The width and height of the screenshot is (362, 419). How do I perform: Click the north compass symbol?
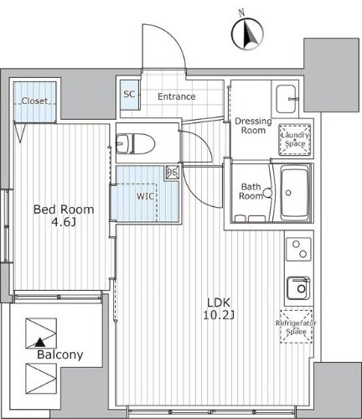coord(247,34)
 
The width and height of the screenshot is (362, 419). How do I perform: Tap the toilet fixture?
coord(136,143)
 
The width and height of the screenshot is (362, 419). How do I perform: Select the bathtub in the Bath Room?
coord(296,193)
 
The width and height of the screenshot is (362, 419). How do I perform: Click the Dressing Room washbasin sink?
coord(286,98)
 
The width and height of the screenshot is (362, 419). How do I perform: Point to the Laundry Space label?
coord(295,139)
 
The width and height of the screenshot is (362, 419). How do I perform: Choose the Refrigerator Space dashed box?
coord(296,327)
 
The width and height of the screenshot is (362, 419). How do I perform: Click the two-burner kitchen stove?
coord(298,249)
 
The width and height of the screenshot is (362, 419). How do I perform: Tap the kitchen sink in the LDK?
coord(298,288)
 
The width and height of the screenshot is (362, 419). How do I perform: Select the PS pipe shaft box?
coord(173,172)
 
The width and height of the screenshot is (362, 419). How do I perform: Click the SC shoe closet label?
coord(129,94)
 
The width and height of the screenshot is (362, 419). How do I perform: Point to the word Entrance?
coord(177,96)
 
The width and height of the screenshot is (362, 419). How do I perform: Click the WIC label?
coord(145,196)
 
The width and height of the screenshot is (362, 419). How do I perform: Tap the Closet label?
coord(34,101)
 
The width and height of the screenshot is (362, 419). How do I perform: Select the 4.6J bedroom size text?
coord(64,222)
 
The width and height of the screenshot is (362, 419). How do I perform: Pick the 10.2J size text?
coord(219,315)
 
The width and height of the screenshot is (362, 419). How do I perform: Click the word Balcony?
coord(60,354)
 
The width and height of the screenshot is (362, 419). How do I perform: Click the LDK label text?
coord(219,303)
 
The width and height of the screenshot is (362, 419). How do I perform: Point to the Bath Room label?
coord(251,191)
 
